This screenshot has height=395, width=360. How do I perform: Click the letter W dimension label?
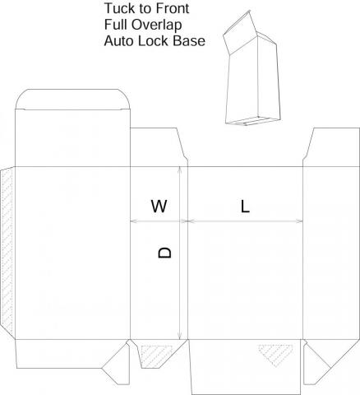click(x=159, y=207)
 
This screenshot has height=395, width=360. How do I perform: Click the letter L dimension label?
click(x=245, y=207)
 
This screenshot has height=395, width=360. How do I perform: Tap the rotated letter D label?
click(x=165, y=253)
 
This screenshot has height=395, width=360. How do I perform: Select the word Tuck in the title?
click(x=120, y=8)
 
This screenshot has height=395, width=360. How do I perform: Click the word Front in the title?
click(x=172, y=8)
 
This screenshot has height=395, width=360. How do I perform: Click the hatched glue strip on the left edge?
click(x=7, y=252)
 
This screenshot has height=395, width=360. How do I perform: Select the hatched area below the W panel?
click(x=156, y=355)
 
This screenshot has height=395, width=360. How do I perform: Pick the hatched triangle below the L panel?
click(x=275, y=355)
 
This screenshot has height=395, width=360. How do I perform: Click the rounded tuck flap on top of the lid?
click(x=72, y=100)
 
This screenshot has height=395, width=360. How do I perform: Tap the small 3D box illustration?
click(x=252, y=68)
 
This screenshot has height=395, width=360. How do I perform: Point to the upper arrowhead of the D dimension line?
click(x=179, y=170)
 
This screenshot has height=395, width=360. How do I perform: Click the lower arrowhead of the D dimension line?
click(x=179, y=336)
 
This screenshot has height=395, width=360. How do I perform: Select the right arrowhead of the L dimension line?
click(x=299, y=221)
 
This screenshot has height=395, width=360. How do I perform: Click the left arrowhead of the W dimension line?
click(x=134, y=221)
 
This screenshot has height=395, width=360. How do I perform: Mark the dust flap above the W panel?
click(x=159, y=147)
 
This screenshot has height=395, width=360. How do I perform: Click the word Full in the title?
click(x=115, y=25)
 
